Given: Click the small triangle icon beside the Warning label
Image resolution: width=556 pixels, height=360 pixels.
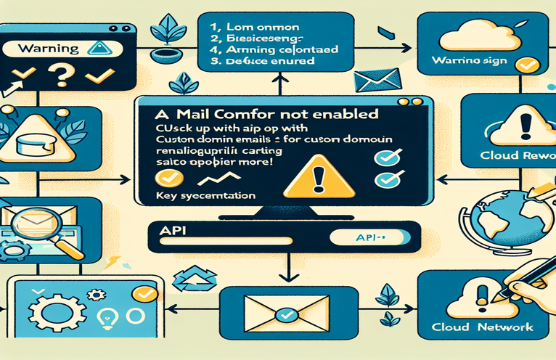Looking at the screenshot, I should (97, 49).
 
